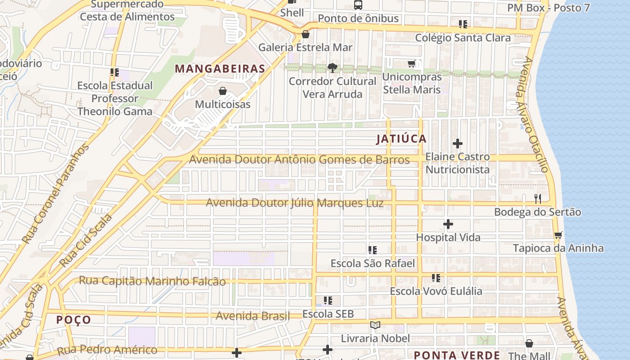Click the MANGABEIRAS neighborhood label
(220, 69)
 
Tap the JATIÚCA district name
(401, 139)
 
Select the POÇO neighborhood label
(74, 320)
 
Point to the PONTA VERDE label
(457, 355)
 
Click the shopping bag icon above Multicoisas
(222, 91)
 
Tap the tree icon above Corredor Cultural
(333, 68)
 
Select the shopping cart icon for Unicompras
(411, 64)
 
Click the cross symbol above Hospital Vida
(448, 224)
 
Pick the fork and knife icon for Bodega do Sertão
(537, 198)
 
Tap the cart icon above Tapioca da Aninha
(558, 235)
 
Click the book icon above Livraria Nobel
(375, 325)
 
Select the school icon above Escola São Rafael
(372, 250)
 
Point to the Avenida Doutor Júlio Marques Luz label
(295, 203)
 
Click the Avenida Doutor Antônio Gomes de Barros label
(299, 160)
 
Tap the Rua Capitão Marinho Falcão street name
(152, 281)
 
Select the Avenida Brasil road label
(252, 316)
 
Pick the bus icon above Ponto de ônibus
(358, 5)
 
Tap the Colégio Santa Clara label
(463, 38)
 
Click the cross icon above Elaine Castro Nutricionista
(458, 144)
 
